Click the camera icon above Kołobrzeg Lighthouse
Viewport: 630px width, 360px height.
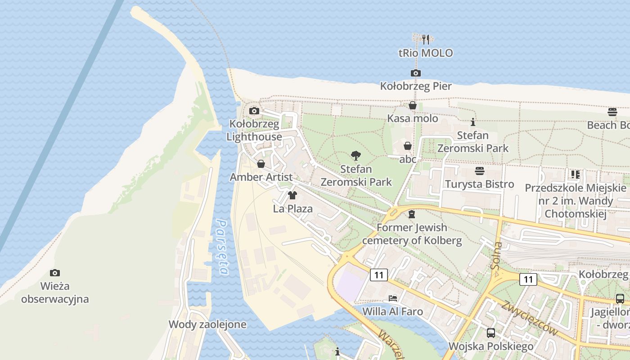click(254, 111)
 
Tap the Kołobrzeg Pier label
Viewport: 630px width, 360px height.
click(416, 86)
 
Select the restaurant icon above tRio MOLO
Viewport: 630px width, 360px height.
click(426, 40)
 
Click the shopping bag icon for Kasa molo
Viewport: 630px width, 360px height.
click(412, 106)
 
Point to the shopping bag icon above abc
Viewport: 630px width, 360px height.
click(407, 146)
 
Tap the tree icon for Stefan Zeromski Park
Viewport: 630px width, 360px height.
click(356, 156)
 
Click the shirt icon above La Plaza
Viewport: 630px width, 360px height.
click(292, 195)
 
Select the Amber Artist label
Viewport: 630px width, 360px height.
click(261, 177)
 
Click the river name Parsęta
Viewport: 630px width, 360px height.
click(222, 247)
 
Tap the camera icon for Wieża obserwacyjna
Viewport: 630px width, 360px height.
click(55, 273)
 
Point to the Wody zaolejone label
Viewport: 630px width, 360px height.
click(207, 324)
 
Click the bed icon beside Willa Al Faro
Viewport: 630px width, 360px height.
click(393, 298)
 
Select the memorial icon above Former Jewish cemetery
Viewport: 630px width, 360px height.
click(411, 214)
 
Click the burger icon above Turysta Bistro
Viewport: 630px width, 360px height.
click(479, 171)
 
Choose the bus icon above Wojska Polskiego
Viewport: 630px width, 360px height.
click(490, 333)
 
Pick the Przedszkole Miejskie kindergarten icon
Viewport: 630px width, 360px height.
click(575, 175)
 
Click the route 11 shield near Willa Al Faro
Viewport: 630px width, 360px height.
click(379, 274)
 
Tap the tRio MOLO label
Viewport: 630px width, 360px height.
click(426, 53)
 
